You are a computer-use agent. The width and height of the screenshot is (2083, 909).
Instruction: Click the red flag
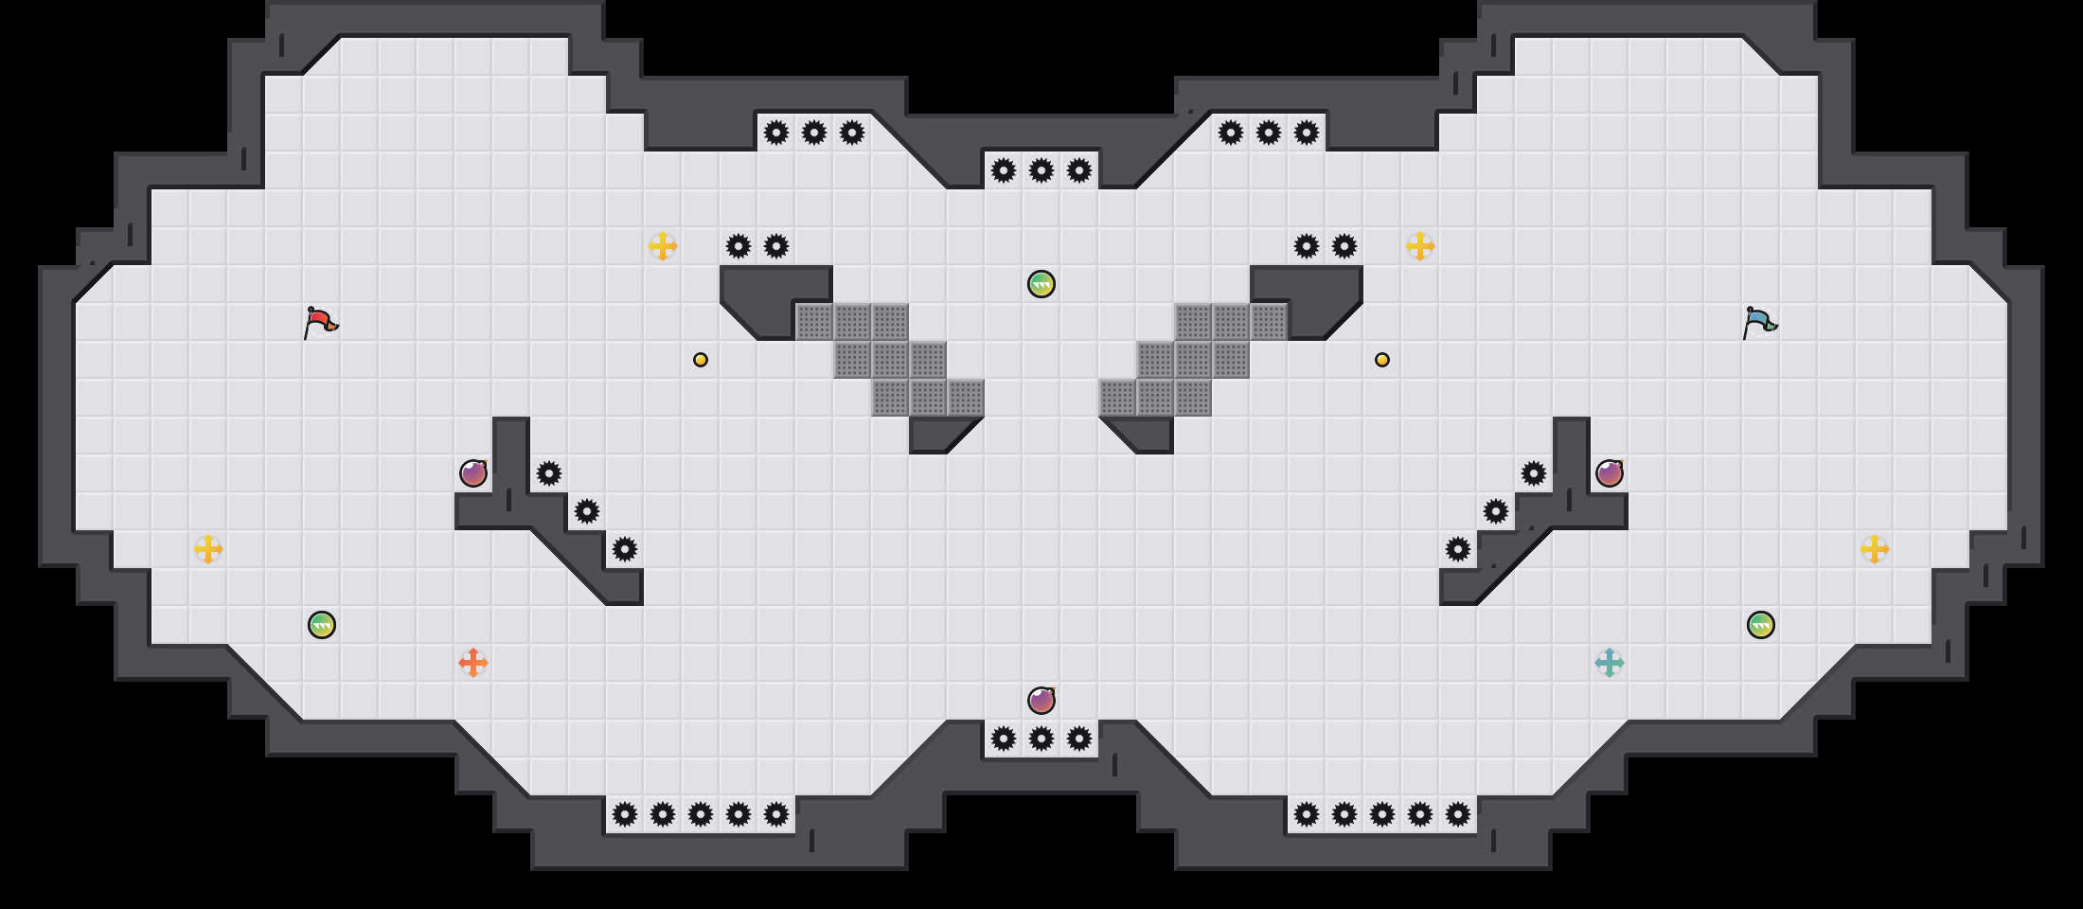(320, 322)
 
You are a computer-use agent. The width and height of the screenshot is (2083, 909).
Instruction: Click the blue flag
(1759, 322)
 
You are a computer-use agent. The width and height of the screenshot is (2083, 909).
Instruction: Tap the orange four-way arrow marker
(473, 663)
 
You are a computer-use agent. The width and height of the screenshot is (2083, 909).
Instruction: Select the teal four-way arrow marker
(1610, 663)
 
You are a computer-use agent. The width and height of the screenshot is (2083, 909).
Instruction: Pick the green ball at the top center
(1041, 284)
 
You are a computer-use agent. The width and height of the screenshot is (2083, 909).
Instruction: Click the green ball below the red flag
(322, 625)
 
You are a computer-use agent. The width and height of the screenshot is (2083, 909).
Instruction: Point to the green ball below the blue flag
(1761, 625)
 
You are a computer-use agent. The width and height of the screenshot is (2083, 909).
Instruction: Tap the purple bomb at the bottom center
(1041, 701)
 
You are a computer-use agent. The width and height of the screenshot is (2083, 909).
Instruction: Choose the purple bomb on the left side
(473, 473)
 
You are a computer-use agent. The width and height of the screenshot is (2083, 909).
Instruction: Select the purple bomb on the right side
(1610, 473)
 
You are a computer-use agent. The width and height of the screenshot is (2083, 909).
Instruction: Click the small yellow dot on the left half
(701, 360)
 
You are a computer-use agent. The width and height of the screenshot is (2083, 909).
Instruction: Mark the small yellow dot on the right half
(1382, 360)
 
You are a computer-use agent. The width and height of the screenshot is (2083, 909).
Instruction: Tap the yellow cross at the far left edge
(208, 549)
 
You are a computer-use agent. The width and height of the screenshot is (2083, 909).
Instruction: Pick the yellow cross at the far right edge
(1875, 549)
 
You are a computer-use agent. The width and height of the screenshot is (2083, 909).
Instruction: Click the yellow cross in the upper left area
(663, 246)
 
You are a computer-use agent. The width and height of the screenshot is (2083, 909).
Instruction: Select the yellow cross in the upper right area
(1420, 246)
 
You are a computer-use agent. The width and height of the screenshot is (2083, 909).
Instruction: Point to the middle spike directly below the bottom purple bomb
(1041, 739)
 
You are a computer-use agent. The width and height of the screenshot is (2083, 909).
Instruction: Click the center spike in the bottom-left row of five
(701, 814)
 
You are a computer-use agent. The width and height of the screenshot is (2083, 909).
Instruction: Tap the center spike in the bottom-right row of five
(1382, 814)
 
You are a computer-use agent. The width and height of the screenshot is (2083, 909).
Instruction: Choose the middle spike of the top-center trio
(1041, 170)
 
